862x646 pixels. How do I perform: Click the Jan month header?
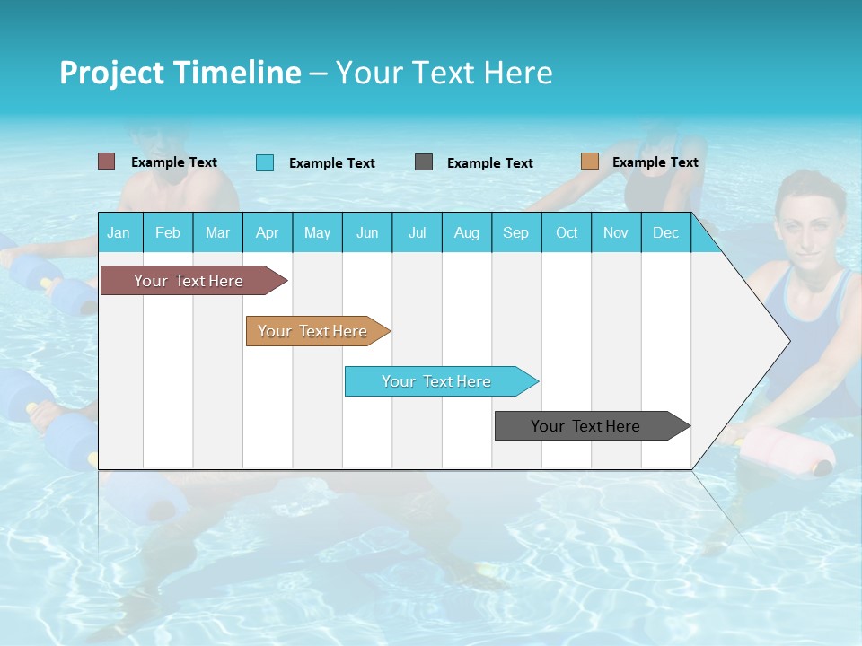coord(119,232)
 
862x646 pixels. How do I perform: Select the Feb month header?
coord(168,232)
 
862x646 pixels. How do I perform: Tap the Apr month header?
coord(267,232)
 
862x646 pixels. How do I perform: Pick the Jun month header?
coord(367,232)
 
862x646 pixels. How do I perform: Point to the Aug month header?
coord(466,232)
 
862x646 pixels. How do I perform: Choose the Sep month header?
coord(515,232)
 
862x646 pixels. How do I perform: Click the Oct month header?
coord(567,232)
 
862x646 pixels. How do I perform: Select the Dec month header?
coord(665,232)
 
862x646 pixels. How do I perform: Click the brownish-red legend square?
coord(106,161)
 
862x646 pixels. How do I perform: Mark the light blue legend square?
coord(264,162)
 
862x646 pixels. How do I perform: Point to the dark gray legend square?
coord(424,162)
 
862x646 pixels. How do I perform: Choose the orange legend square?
coord(589,161)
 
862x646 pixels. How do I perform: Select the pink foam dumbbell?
coord(779,449)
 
